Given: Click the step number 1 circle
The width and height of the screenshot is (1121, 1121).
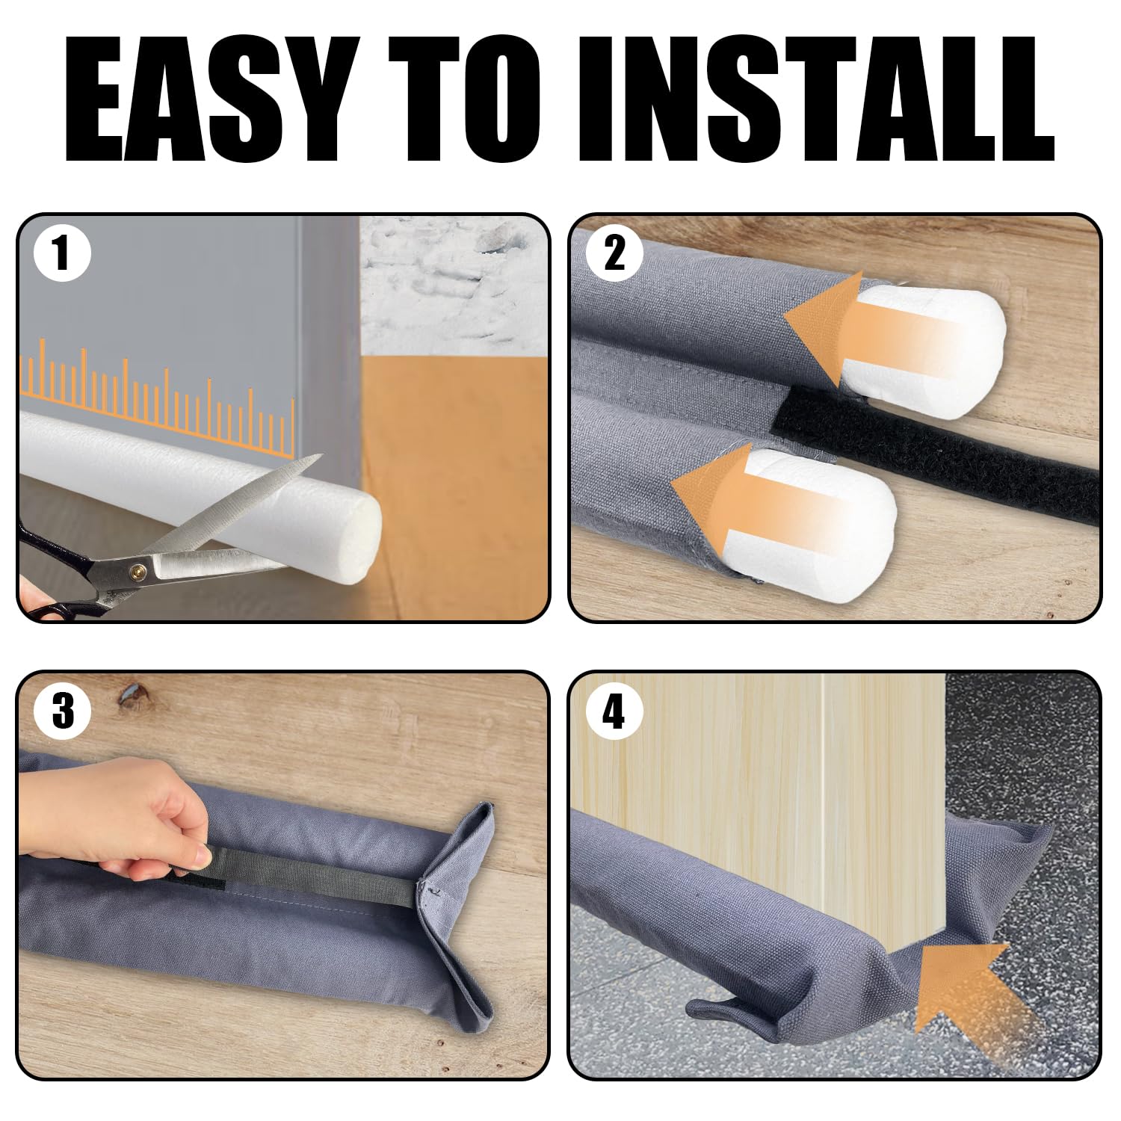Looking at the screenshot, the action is pos(63,254).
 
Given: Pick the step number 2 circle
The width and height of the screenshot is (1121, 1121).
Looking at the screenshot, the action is pos(614,254).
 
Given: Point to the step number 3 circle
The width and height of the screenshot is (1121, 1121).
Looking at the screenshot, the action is pos(63,711).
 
